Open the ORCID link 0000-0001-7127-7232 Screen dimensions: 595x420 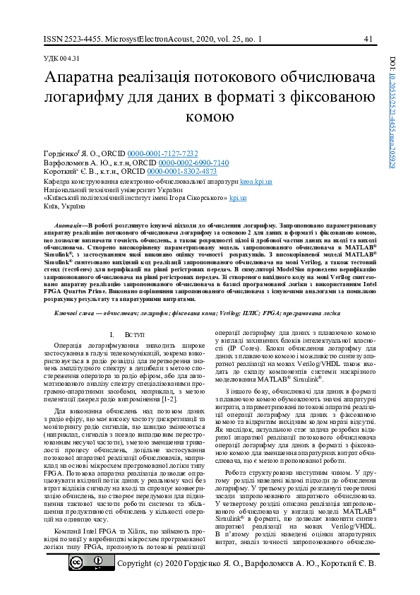(172, 153)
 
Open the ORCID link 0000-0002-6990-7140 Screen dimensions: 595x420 (198, 163)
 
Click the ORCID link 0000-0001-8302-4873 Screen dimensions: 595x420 (181, 172)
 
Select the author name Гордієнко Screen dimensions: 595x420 (63, 153)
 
